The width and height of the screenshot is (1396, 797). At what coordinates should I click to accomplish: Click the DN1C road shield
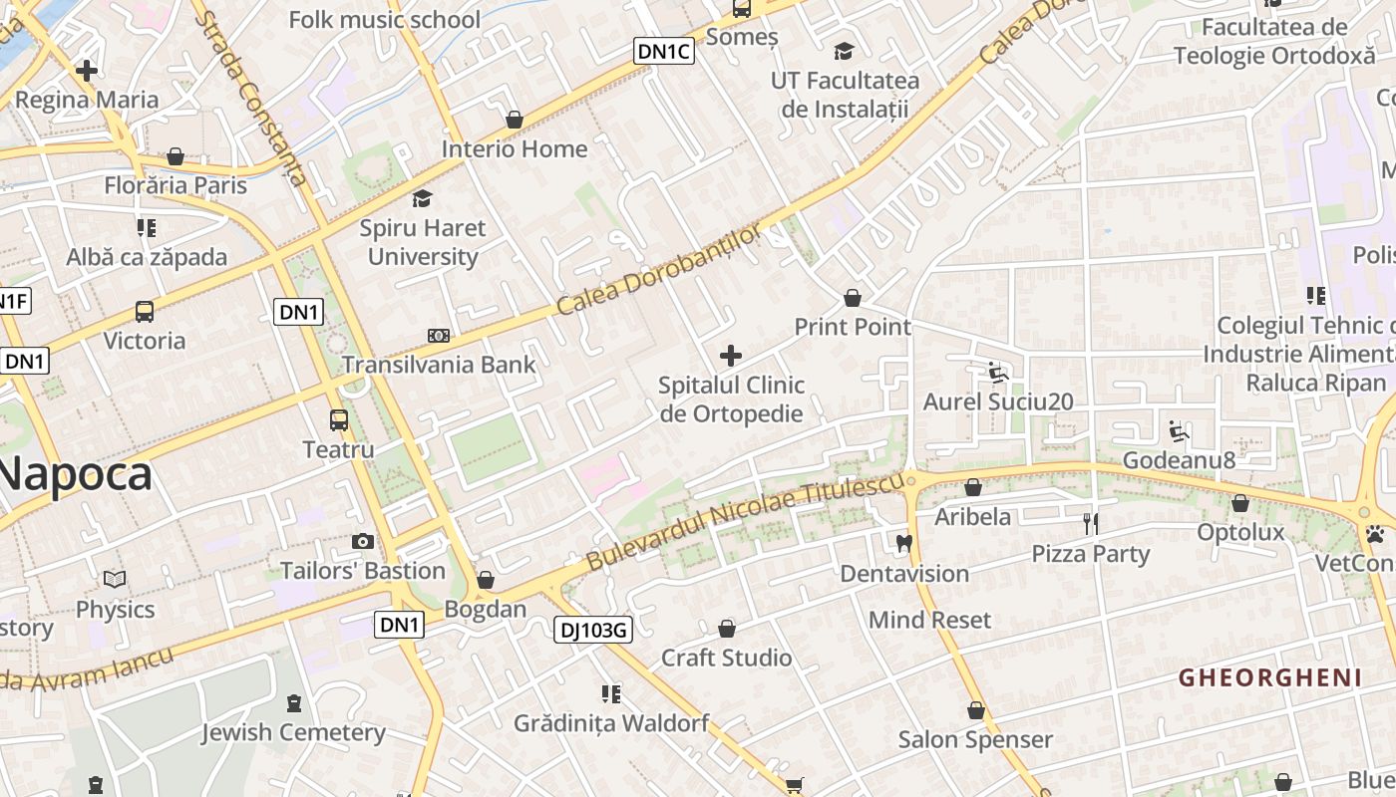point(663,51)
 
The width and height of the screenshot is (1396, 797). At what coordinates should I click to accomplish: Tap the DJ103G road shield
point(593,629)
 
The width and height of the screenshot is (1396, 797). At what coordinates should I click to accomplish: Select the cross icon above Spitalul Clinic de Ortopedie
point(731,356)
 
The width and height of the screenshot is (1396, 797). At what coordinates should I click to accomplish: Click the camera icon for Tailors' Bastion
point(363,541)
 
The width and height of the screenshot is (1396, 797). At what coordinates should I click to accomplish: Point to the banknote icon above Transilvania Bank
point(439,336)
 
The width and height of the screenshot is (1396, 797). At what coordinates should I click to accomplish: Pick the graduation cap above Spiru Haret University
point(423,198)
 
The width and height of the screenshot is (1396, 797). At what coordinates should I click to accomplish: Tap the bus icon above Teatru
point(339,420)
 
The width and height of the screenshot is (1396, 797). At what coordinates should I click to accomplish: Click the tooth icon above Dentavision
point(904,544)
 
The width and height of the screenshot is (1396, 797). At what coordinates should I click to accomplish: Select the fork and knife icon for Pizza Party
point(1091,523)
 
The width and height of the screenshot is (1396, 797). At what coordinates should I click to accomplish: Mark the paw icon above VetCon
point(1375,534)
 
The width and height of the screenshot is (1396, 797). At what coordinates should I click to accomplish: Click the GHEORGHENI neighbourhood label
point(1269,678)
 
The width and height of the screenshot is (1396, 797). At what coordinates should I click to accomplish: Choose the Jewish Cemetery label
point(293,733)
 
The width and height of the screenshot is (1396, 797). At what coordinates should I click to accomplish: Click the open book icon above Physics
point(115,579)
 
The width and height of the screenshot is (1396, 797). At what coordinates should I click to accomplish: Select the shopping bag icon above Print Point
point(853,298)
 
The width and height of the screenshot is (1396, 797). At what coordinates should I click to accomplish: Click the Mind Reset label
point(929,620)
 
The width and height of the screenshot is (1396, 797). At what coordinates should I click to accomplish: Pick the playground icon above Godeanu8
point(1179,431)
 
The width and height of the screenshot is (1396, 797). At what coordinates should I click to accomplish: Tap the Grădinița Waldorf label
point(611,723)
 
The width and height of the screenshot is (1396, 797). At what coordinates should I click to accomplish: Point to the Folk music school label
point(384,20)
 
